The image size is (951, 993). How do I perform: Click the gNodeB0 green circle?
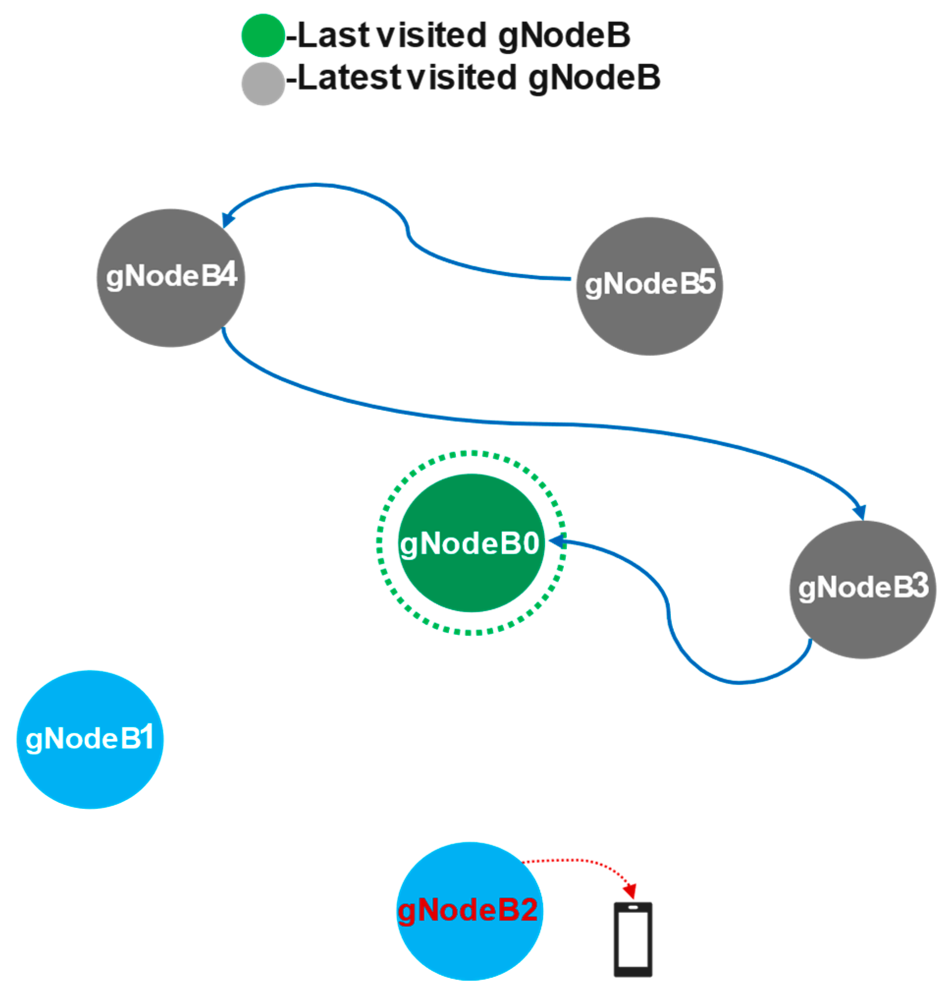pos(471,543)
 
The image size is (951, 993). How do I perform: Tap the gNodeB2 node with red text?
pos(469,912)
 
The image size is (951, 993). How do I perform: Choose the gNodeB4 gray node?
pos(171,277)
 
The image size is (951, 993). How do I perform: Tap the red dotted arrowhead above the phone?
pos(630,891)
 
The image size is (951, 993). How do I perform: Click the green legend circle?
pos(263,35)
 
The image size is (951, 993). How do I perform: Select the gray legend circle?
pos(263,83)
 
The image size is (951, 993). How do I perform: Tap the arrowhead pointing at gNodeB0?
pos(557,541)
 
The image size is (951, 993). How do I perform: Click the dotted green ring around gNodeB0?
pos(471,452)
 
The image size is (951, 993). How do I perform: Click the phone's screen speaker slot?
pos(633,907)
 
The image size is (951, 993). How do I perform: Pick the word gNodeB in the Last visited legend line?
pos(564,35)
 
